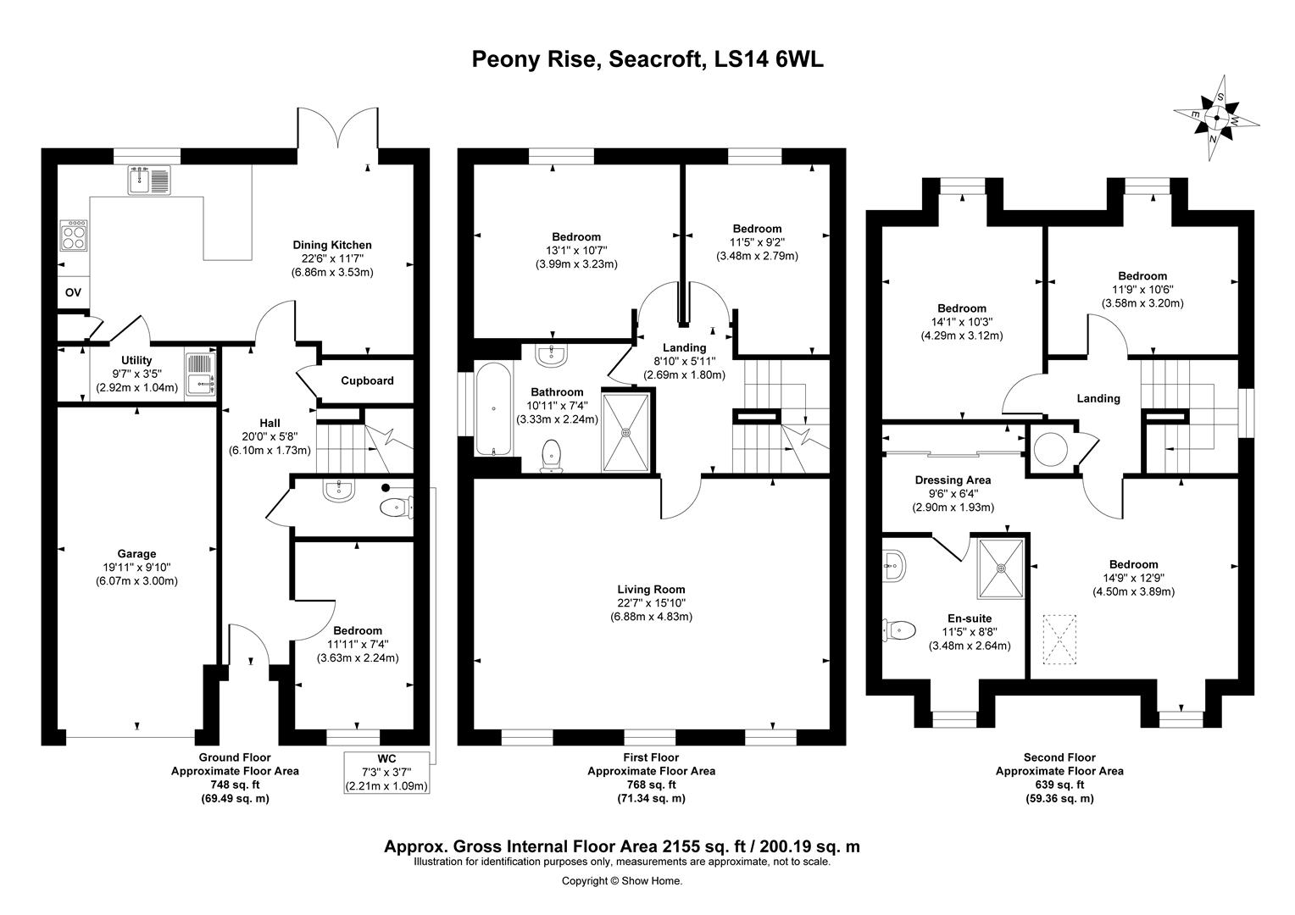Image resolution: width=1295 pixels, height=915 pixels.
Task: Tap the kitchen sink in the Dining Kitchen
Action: [x=150, y=180]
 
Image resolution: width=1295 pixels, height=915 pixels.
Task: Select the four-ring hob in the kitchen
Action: [x=74, y=235]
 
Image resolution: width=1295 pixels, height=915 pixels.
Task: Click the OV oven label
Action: [x=73, y=292]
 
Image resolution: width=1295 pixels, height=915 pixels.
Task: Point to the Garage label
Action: [x=136, y=554]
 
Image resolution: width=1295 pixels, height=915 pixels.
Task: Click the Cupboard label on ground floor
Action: [x=367, y=380]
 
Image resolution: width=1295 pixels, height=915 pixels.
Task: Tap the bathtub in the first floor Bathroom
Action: [x=492, y=408]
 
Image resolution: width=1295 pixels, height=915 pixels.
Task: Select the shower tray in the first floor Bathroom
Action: [x=626, y=431]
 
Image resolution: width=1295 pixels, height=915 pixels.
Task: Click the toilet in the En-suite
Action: [x=900, y=630]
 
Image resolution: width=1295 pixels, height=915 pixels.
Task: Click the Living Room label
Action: [x=651, y=590]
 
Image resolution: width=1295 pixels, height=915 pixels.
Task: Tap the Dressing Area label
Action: [x=953, y=480]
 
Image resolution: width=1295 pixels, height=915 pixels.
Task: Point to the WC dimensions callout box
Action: [x=386, y=772]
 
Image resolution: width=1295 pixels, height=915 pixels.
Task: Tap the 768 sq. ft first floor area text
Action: [x=651, y=785]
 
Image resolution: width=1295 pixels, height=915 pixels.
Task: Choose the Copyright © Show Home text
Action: [x=622, y=881]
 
